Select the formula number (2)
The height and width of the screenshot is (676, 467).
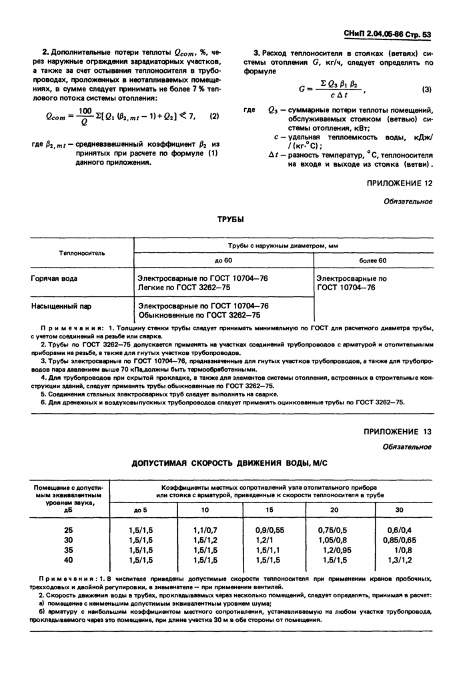coord(214,116)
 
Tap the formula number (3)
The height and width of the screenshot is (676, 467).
coord(427,89)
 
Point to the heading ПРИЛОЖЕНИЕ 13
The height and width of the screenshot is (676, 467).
coord(398,432)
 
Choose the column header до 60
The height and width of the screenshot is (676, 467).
coord(223,260)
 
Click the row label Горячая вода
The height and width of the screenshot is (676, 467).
coord(53,276)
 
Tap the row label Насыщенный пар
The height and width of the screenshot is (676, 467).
coord(58,305)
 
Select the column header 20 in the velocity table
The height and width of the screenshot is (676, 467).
coord(334,510)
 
